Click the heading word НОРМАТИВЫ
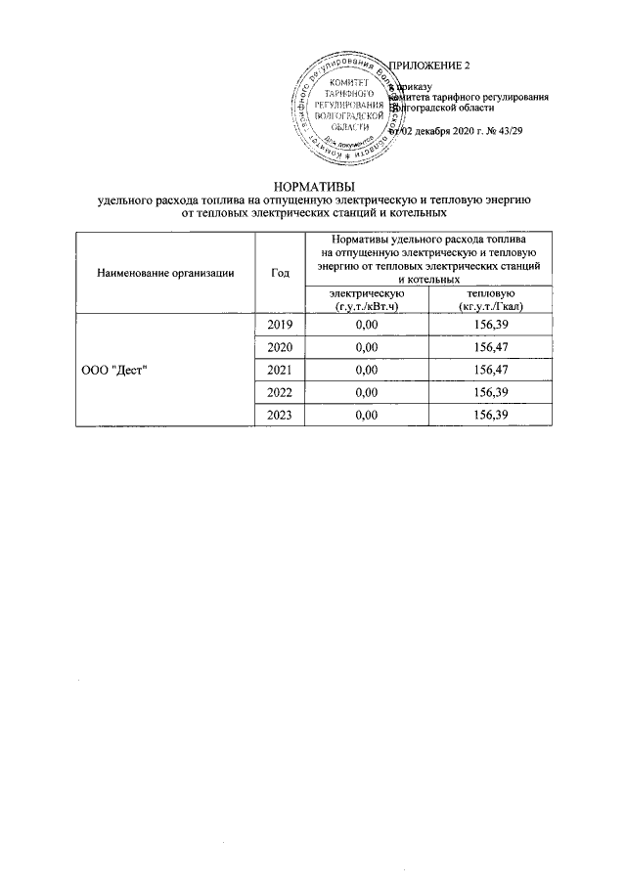coord(313,185)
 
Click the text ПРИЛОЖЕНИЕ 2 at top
coord(429,66)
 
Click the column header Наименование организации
coord(165,273)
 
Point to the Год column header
coord(279,273)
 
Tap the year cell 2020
coord(279,347)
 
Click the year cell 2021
coord(279,370)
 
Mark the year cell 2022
coord(279,392)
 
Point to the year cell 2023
coord(279,415)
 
